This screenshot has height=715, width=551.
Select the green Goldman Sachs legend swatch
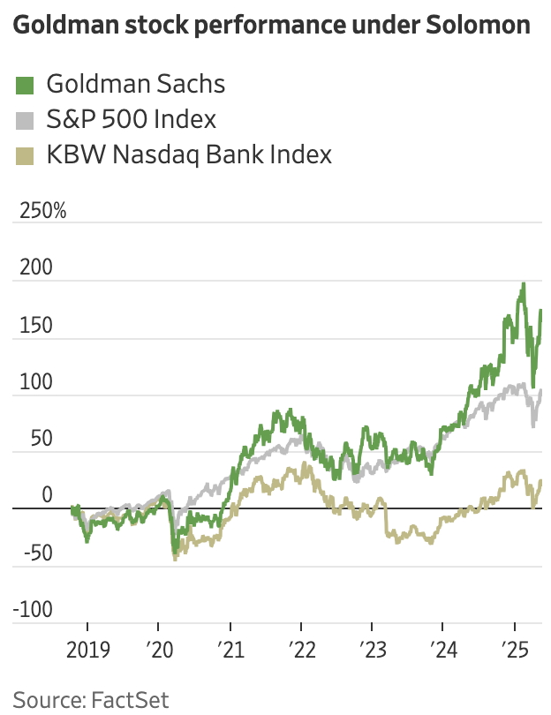[26, 85]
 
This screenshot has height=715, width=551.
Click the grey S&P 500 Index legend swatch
[26, 120]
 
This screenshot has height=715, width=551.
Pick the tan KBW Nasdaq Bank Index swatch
[26, 156]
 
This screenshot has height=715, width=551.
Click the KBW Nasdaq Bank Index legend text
[189, 155]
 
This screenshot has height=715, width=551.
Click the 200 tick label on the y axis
[32, 268]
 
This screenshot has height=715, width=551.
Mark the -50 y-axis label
[31, 553]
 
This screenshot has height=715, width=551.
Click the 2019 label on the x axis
[88, 651]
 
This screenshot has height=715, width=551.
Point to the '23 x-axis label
[373, 651]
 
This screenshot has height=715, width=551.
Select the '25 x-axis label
[515, 651]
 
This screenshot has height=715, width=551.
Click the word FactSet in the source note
[130, 700]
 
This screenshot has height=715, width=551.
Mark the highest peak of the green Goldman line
[523, 284]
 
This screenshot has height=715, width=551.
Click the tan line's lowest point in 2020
[175, 559]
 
